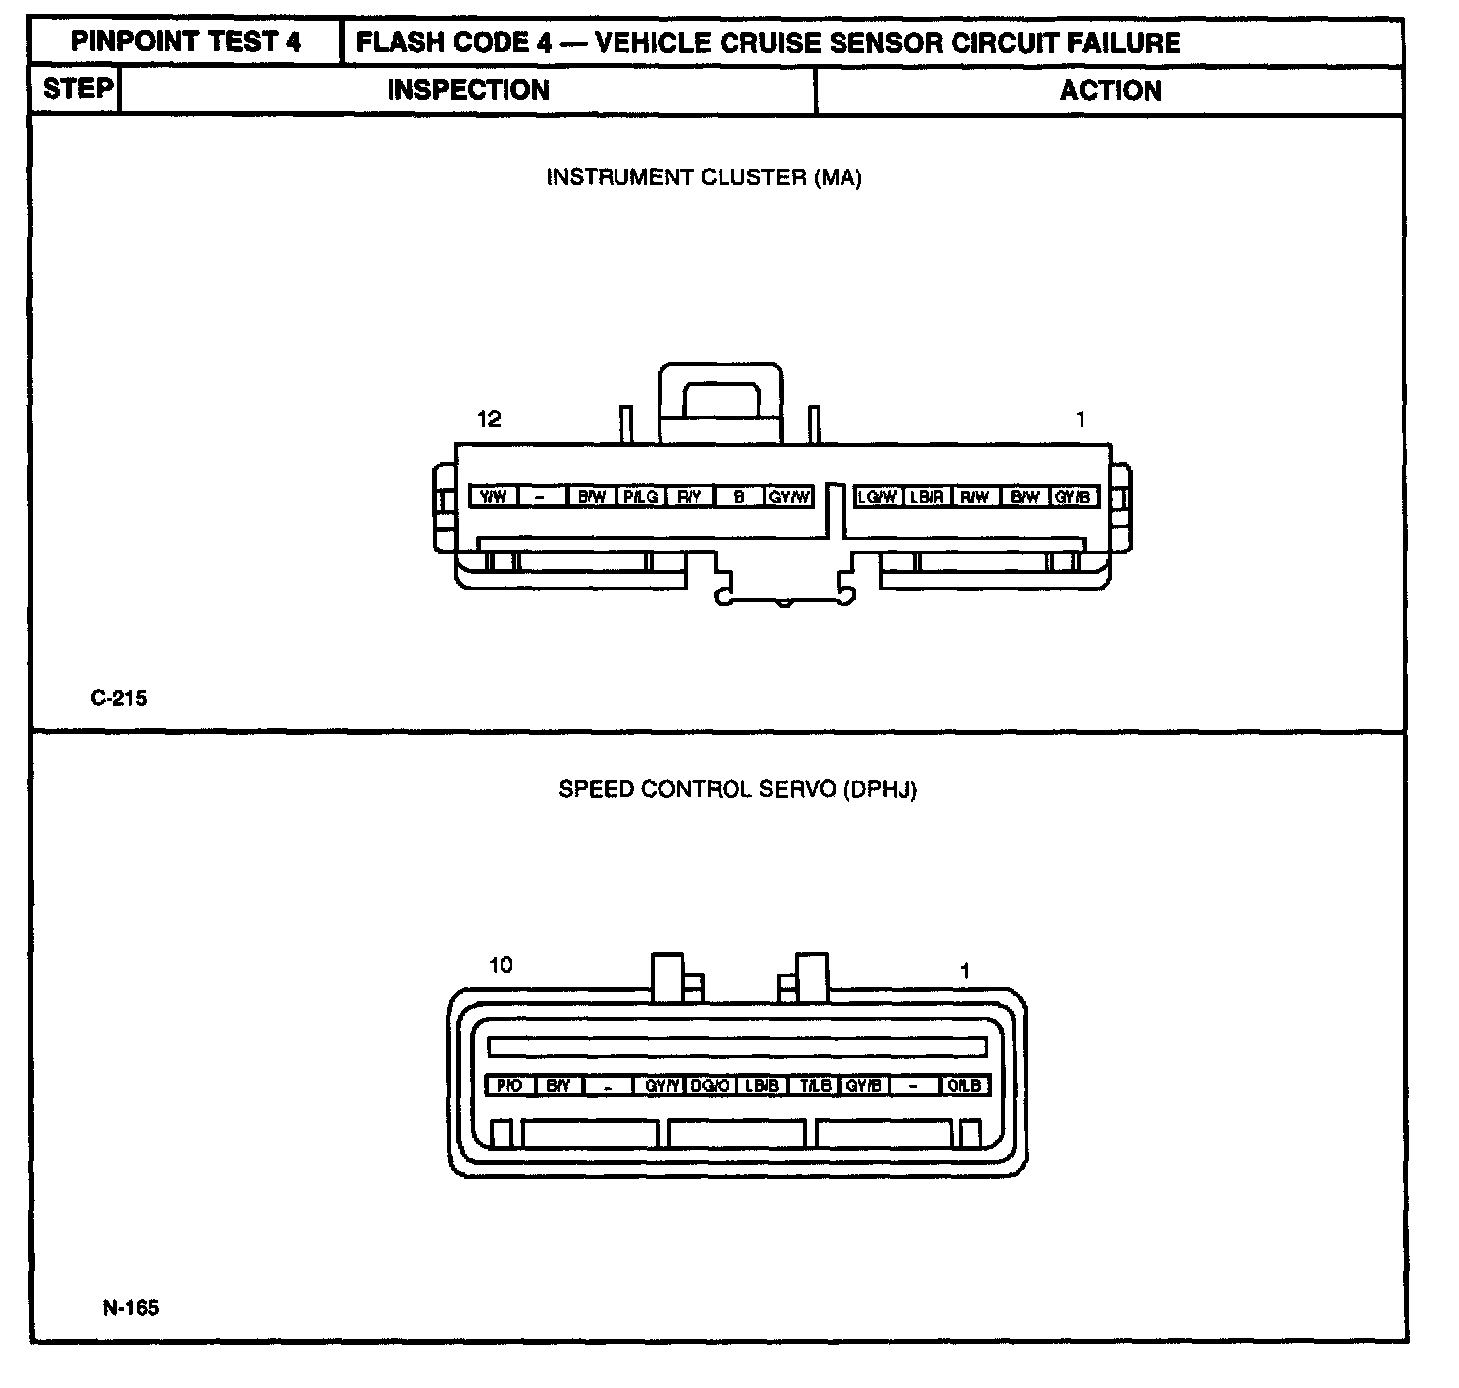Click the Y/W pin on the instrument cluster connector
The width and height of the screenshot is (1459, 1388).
(x=493, y=497)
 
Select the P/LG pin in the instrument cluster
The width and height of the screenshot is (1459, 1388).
(x=641, y=497)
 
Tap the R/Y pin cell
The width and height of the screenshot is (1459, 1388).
(x=690, y=497)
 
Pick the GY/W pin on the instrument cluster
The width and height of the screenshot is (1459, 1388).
(x=789, y=497)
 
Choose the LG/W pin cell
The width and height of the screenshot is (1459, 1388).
(x=877, y=497)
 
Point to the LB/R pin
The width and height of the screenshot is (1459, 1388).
(x=927, y=497)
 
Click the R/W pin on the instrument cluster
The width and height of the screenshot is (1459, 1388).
(x=975, y=497)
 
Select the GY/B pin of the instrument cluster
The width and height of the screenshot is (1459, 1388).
(x=1073, y=497)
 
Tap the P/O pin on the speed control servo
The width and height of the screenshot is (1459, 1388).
(x=509, y=1086)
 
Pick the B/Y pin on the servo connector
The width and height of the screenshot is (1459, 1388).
(x=558, y=1086)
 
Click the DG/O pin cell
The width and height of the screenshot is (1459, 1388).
(x=711, y=1086)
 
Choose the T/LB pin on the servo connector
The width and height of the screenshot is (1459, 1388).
(x=815, y=1086)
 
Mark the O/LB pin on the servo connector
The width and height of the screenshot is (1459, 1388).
(x=964, y=1086)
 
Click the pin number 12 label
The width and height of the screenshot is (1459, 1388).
(x=489, y=419)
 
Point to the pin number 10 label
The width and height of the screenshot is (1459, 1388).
(x=501, y=965)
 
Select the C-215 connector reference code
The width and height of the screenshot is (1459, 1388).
(x=118, y=698)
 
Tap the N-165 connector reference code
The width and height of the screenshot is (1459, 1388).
(x=130, y=1307)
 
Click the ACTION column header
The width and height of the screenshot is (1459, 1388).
(x=1110, y=91)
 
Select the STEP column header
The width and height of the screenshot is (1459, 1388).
(x=76, y=89)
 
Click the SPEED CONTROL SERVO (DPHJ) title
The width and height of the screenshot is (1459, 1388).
(x=737, y=790)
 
